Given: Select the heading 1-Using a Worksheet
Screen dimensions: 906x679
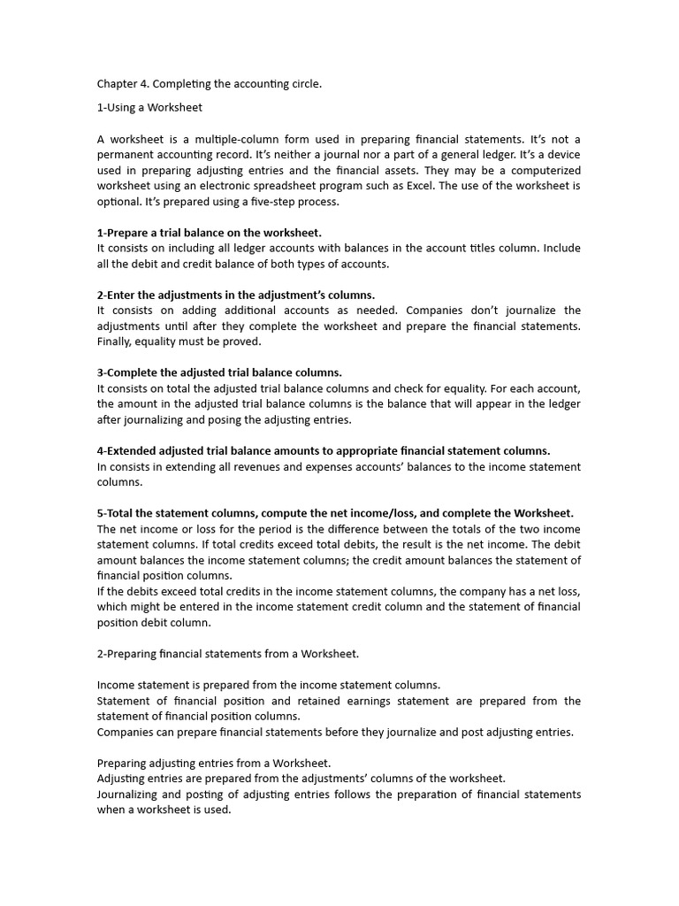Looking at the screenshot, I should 149,108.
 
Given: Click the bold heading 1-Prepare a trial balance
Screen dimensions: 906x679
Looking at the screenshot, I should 209,233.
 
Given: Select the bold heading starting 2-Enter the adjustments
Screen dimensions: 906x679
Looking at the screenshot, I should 235,295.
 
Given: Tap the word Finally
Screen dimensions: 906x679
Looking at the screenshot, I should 116,342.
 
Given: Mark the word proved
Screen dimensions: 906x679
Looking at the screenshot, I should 243,342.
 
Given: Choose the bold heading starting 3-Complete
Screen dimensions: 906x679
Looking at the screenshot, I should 219,372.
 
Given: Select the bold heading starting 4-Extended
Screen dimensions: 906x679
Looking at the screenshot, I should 323,450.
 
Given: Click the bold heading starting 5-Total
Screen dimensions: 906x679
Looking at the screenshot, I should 335,513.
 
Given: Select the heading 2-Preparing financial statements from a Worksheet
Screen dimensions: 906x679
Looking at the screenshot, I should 228,654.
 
